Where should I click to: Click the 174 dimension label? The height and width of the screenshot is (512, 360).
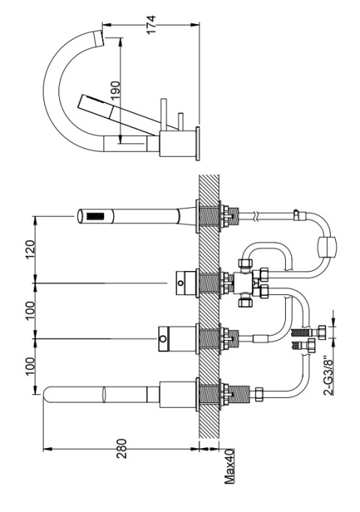151,25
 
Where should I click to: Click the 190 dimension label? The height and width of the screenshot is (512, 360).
115,90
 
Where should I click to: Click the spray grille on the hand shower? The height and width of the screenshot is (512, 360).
96,216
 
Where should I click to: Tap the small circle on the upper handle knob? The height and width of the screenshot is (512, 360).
180,283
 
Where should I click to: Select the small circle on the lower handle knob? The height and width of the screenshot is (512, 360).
163,339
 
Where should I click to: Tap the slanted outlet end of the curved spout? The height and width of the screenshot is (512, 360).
98,38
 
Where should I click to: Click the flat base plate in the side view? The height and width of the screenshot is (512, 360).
197,143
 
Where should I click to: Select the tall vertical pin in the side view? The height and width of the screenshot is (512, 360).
163,114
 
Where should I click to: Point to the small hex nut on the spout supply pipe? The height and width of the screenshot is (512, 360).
259,394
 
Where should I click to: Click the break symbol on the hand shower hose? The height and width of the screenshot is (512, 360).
257,216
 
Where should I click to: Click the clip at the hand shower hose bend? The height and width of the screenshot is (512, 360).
298,215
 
